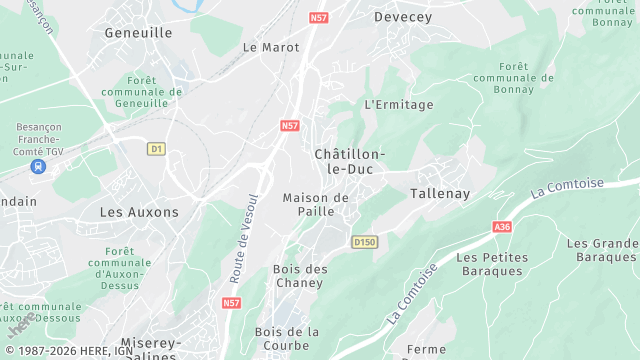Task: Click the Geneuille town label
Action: tap(138, 33)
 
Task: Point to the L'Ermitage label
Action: tap(399, 104)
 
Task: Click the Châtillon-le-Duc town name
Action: tap(349, 161)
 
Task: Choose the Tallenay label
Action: tap(440, 192)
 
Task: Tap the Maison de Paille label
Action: tap(315, 204)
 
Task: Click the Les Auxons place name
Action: tap(139, 212)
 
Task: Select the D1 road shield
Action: tap(155, 149)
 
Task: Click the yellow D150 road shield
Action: tap(365, 242)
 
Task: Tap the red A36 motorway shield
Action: tap(502, 228)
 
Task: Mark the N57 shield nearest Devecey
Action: tap(319, 18)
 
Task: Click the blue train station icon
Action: tap(39, 166)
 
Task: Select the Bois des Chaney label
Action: tap(298, 276)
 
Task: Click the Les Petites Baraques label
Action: tap(492, 264)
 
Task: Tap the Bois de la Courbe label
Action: tap(287, 338)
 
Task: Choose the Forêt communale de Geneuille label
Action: tap(155, 92)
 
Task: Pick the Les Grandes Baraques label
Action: tap(602, 250)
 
